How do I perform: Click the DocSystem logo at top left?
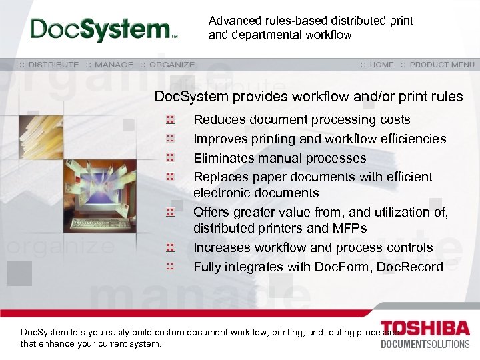[103, 29]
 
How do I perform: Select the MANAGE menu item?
[114, 65]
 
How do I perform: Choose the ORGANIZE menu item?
[172, 65]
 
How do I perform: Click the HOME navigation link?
[381, 65]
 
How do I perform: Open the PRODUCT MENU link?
[442, 65]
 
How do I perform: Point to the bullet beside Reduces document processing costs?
[171, 120]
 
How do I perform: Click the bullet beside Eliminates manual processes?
[171, 158]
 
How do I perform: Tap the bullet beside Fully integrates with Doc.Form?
[171, 267]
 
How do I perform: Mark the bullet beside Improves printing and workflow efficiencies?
[171, 139]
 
